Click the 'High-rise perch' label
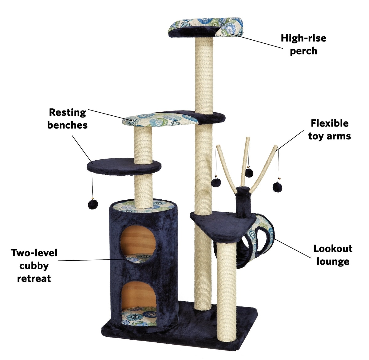point(304,45)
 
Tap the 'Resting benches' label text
point(67,118)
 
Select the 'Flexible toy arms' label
point(330,130)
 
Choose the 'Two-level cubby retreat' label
point(34,266)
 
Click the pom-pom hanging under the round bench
point(93,204)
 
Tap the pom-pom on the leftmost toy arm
point(216,182)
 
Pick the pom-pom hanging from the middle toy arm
point(249,173)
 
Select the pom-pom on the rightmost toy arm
point(277,187)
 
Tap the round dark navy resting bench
point(124,167)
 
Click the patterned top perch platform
point(206,27)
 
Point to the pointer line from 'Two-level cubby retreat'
point(91,260)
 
